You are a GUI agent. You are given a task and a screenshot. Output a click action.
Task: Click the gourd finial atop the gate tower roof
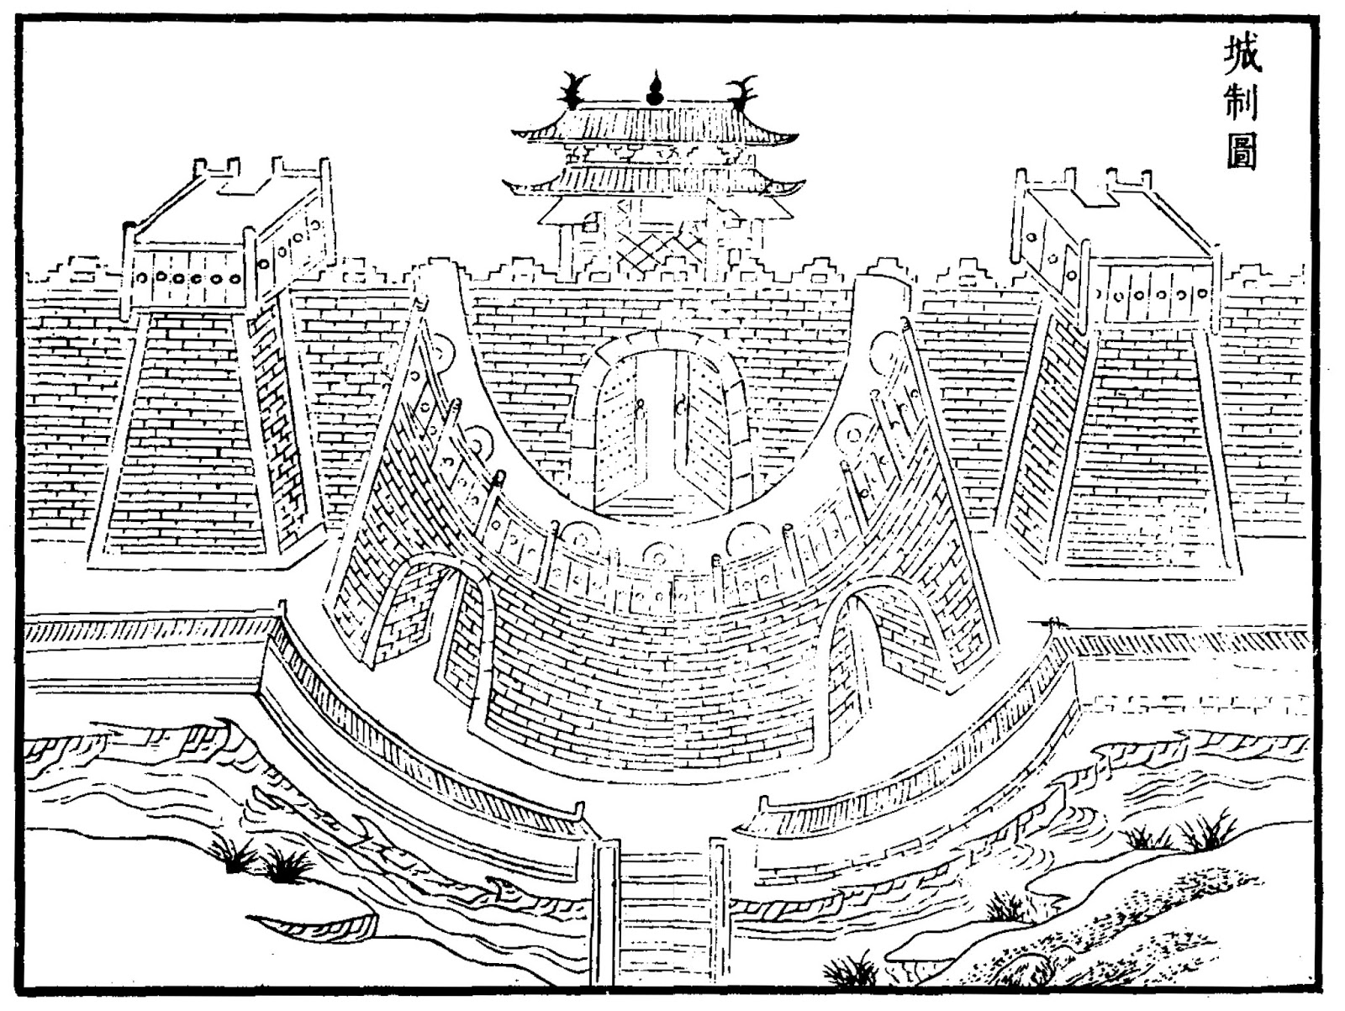coord(654,88)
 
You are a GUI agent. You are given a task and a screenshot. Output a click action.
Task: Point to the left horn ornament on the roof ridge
coord(574,89)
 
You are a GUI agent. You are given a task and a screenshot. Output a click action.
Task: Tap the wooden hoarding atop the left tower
coord(227,252)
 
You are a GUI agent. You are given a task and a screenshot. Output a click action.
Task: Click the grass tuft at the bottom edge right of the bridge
coord(849,971)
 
